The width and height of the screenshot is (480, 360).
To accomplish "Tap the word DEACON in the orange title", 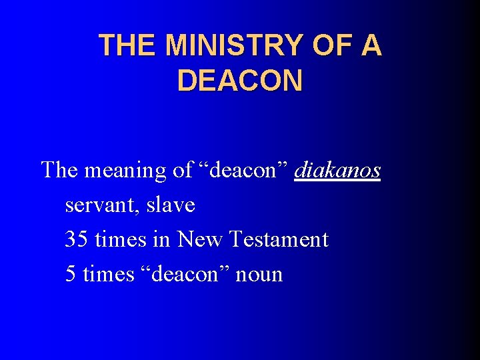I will (240, 80).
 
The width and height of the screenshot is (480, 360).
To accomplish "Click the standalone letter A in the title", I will (372, 45).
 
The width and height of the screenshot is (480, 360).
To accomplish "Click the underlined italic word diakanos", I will (337, 171).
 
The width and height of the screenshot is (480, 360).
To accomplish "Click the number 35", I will (77, 239).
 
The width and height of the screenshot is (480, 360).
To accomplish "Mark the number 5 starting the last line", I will (71, 274).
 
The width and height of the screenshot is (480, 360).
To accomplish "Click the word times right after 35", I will (121, 239).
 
